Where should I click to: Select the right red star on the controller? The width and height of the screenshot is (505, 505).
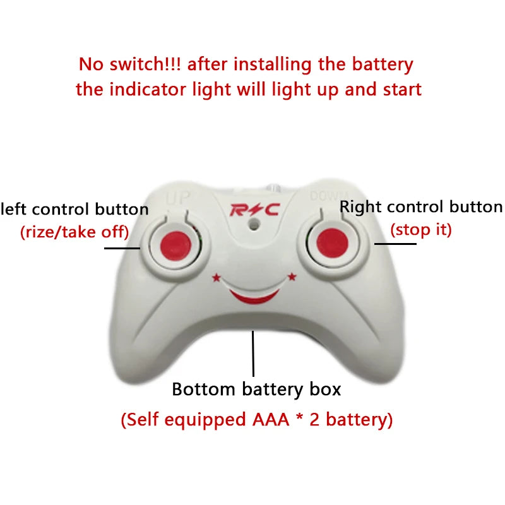[292, 276]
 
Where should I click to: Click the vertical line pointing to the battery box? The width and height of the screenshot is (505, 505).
[253, 353]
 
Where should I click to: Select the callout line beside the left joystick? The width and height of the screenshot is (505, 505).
[122, 247]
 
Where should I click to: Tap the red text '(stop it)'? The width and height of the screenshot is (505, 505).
[421, 229]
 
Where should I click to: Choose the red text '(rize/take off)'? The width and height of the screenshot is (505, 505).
[74, 232]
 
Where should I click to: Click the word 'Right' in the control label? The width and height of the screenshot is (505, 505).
[360, 207]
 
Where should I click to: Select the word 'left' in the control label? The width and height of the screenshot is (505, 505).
[13, 210]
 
